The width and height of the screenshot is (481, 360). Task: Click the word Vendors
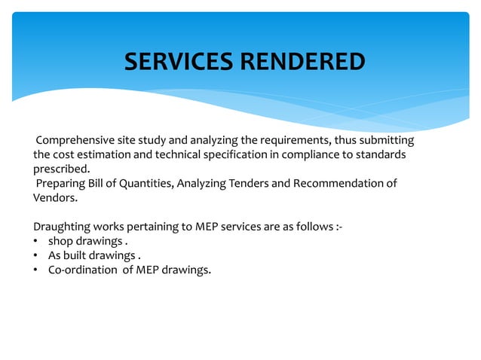tap(54, 197)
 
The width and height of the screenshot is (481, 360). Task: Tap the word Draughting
tap(63, 227)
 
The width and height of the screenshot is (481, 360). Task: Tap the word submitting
tap(388, 141)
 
